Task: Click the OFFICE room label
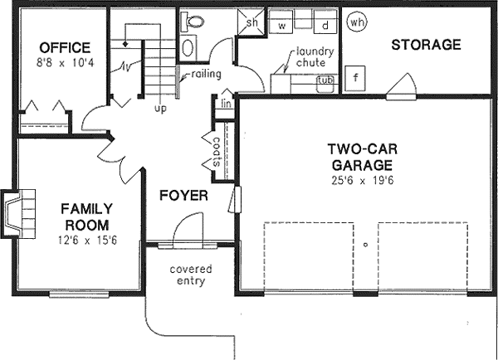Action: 59,46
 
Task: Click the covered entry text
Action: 191,275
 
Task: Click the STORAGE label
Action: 426,45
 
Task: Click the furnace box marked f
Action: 356,79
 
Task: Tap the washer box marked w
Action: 282,26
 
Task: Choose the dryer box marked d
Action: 325,26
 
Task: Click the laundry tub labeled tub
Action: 326,81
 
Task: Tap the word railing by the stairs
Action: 206,75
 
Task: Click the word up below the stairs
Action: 158,107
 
